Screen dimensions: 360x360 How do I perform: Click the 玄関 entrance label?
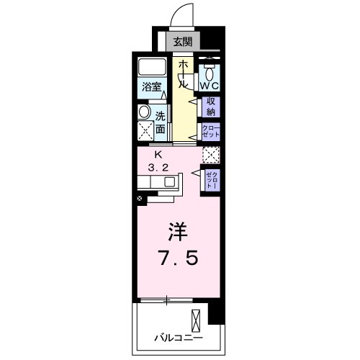tap(183, 42)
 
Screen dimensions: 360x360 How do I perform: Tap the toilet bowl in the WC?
tap(209, 73)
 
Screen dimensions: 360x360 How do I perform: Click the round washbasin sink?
tap(143, 113)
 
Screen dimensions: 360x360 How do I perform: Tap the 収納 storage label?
tap(211, 107)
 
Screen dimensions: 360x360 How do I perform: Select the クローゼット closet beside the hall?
tap(210, 132)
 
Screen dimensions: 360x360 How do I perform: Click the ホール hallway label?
tap(184, 74)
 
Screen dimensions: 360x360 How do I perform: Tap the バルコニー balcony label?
tap(178, 336)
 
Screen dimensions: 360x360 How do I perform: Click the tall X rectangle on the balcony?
tap(195, 319)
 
